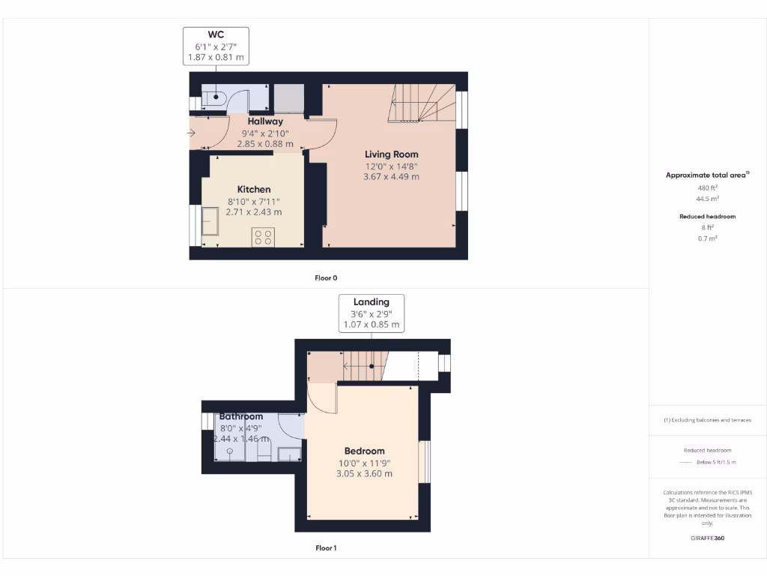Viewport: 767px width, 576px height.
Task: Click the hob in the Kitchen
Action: pos(263,237)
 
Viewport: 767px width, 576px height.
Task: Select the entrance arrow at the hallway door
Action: pos(192,133)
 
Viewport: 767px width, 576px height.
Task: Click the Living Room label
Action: pos(392,154)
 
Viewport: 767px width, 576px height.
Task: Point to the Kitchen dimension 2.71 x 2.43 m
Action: pos(254,212)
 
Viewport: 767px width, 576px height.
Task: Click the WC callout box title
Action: pos(216,34)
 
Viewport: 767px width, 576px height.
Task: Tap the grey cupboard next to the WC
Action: pos(288,98)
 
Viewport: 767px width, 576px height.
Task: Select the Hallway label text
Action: pos(265,121)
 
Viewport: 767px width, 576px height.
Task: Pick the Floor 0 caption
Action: pos(326,278)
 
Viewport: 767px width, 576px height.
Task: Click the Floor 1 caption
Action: pos(326,548)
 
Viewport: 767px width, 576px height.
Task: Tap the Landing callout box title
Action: pos(372,302)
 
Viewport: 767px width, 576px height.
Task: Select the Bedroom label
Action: pos(364,451)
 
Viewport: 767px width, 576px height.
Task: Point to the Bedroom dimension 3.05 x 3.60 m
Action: pos(364,474)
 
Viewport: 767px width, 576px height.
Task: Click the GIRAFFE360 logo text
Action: pos(708,538)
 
